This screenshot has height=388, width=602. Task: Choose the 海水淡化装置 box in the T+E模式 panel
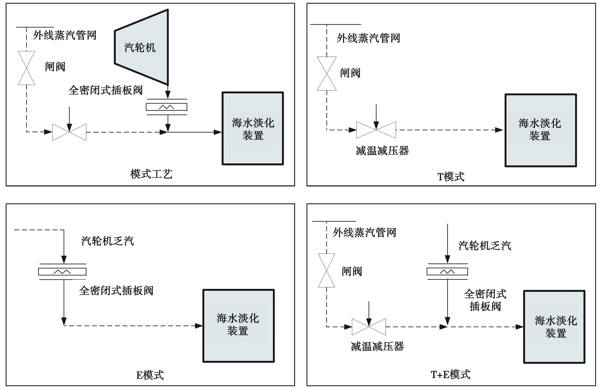554,327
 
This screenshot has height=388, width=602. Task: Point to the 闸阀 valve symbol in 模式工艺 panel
26,68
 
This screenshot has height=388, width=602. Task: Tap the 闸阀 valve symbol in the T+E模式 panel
326,270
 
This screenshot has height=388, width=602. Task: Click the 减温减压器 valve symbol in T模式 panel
376,130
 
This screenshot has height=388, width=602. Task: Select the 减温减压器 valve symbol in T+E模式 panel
369,327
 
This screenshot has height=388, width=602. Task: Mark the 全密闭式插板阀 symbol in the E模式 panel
62,272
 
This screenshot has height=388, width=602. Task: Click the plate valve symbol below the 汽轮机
166,107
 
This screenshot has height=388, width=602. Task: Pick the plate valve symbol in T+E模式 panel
447,271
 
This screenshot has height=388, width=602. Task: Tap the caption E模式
150,375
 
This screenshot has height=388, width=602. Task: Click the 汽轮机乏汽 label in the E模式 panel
107,241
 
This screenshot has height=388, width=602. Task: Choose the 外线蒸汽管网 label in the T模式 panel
368,38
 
